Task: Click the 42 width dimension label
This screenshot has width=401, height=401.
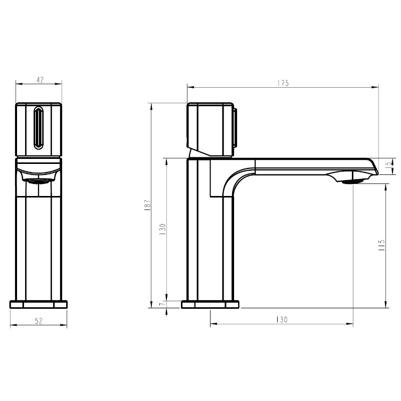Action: click(x=40, y=80)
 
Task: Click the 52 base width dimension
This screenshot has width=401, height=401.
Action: click(x=39, y=321)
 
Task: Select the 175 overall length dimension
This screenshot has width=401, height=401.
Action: click(x=283, y=83)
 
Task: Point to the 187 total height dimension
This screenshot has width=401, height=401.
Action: click(x=147, y=205)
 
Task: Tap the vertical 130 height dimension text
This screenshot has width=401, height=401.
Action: click(x=162, y=229)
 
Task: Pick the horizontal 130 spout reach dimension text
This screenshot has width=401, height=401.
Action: click(x=282, y=320)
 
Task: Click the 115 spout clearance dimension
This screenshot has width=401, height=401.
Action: click(x=381, y=245)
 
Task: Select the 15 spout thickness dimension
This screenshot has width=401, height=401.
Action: click(x=389, y=164)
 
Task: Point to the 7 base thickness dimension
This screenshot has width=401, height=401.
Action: click(x=161, y=304)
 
